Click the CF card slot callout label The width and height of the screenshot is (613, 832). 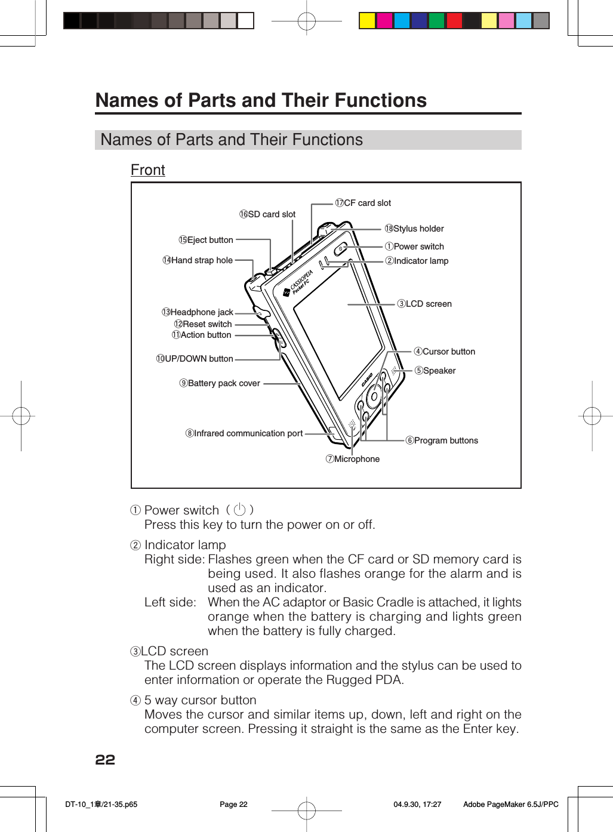(x=363, y=203)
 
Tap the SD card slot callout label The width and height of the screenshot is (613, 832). (x=267, y=214)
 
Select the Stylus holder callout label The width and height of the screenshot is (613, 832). (x=414, y=229)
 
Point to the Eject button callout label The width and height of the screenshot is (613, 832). (x=206, y=240)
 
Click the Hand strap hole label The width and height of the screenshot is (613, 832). (x=198, y=260)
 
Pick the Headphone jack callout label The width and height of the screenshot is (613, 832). (x=198, y=312)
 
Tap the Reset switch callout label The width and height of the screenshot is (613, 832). (x=203, y=324)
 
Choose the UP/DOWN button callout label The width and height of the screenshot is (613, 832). (x=195, y=359)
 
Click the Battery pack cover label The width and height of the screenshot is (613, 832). (x=220, y=383)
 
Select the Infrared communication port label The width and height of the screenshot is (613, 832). (x=244, y=433)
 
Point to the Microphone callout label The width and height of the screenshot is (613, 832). (x=353, y=459)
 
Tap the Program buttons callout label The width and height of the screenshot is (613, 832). (x=442, y=440)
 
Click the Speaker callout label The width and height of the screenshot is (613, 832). (x=435, y=371)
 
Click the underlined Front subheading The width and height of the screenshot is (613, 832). (x=148, y=170)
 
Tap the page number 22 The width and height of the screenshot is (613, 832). (x=105, y=760)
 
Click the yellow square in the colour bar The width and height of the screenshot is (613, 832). (x=367, y=21)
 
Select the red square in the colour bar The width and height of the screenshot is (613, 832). (x=454, y=21)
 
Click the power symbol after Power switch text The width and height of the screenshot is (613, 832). (x=240, y=510)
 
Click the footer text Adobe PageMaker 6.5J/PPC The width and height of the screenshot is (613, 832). (x=511, y=805)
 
